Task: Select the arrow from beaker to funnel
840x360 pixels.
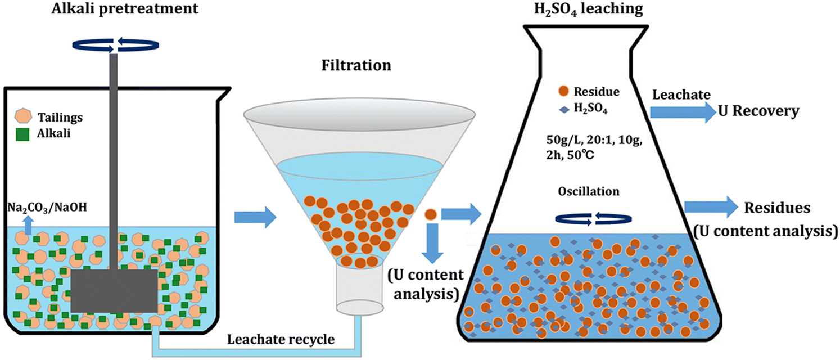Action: tap(254, 215)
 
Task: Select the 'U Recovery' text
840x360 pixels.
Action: tap(758, 112)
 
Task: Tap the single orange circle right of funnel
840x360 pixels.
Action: tap(430, 214)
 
